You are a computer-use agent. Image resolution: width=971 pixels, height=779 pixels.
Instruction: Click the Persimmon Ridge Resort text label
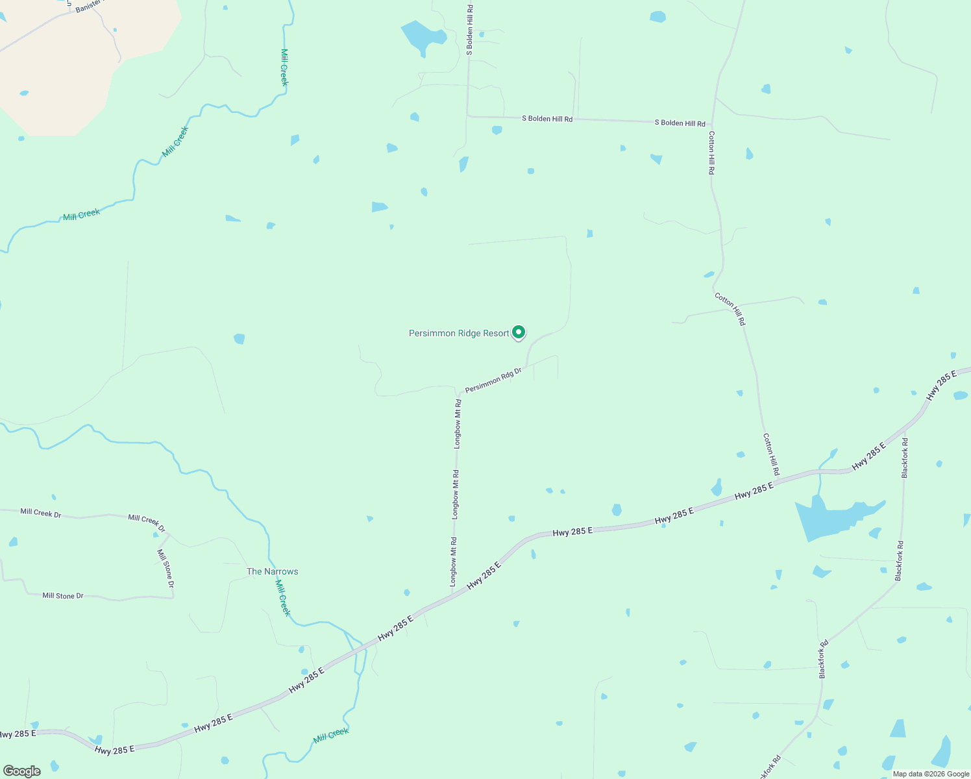click(x=458, y=334)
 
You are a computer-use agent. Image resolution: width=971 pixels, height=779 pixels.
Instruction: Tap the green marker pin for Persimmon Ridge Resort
click(x=519, y=332)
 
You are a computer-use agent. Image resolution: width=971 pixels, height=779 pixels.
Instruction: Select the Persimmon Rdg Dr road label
click(x=493, y=380)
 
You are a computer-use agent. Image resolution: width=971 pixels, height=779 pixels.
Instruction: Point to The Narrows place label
click(x=272, y=572)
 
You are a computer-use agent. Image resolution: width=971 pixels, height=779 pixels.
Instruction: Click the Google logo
click(x=21, y=771)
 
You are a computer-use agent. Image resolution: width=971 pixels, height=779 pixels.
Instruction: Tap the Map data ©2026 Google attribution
click(x=931, y=774)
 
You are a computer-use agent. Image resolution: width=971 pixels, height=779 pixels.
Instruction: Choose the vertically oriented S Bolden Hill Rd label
click(x=470, y=29)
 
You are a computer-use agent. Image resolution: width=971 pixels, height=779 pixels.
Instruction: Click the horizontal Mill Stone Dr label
click(x=63, y=596)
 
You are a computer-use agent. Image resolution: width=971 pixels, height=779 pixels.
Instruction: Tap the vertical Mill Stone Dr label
click(x=166, y=569)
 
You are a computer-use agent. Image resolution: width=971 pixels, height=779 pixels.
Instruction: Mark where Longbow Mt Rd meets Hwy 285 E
click(x=452, y=596)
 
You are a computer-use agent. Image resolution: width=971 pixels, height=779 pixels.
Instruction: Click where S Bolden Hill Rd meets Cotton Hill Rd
click(x=712, y=124)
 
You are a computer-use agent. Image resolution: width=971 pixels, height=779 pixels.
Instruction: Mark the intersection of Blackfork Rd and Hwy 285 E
click(x=905, y=431)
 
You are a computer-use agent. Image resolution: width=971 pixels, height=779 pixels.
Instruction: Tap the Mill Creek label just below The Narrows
click(x=282, y=598)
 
